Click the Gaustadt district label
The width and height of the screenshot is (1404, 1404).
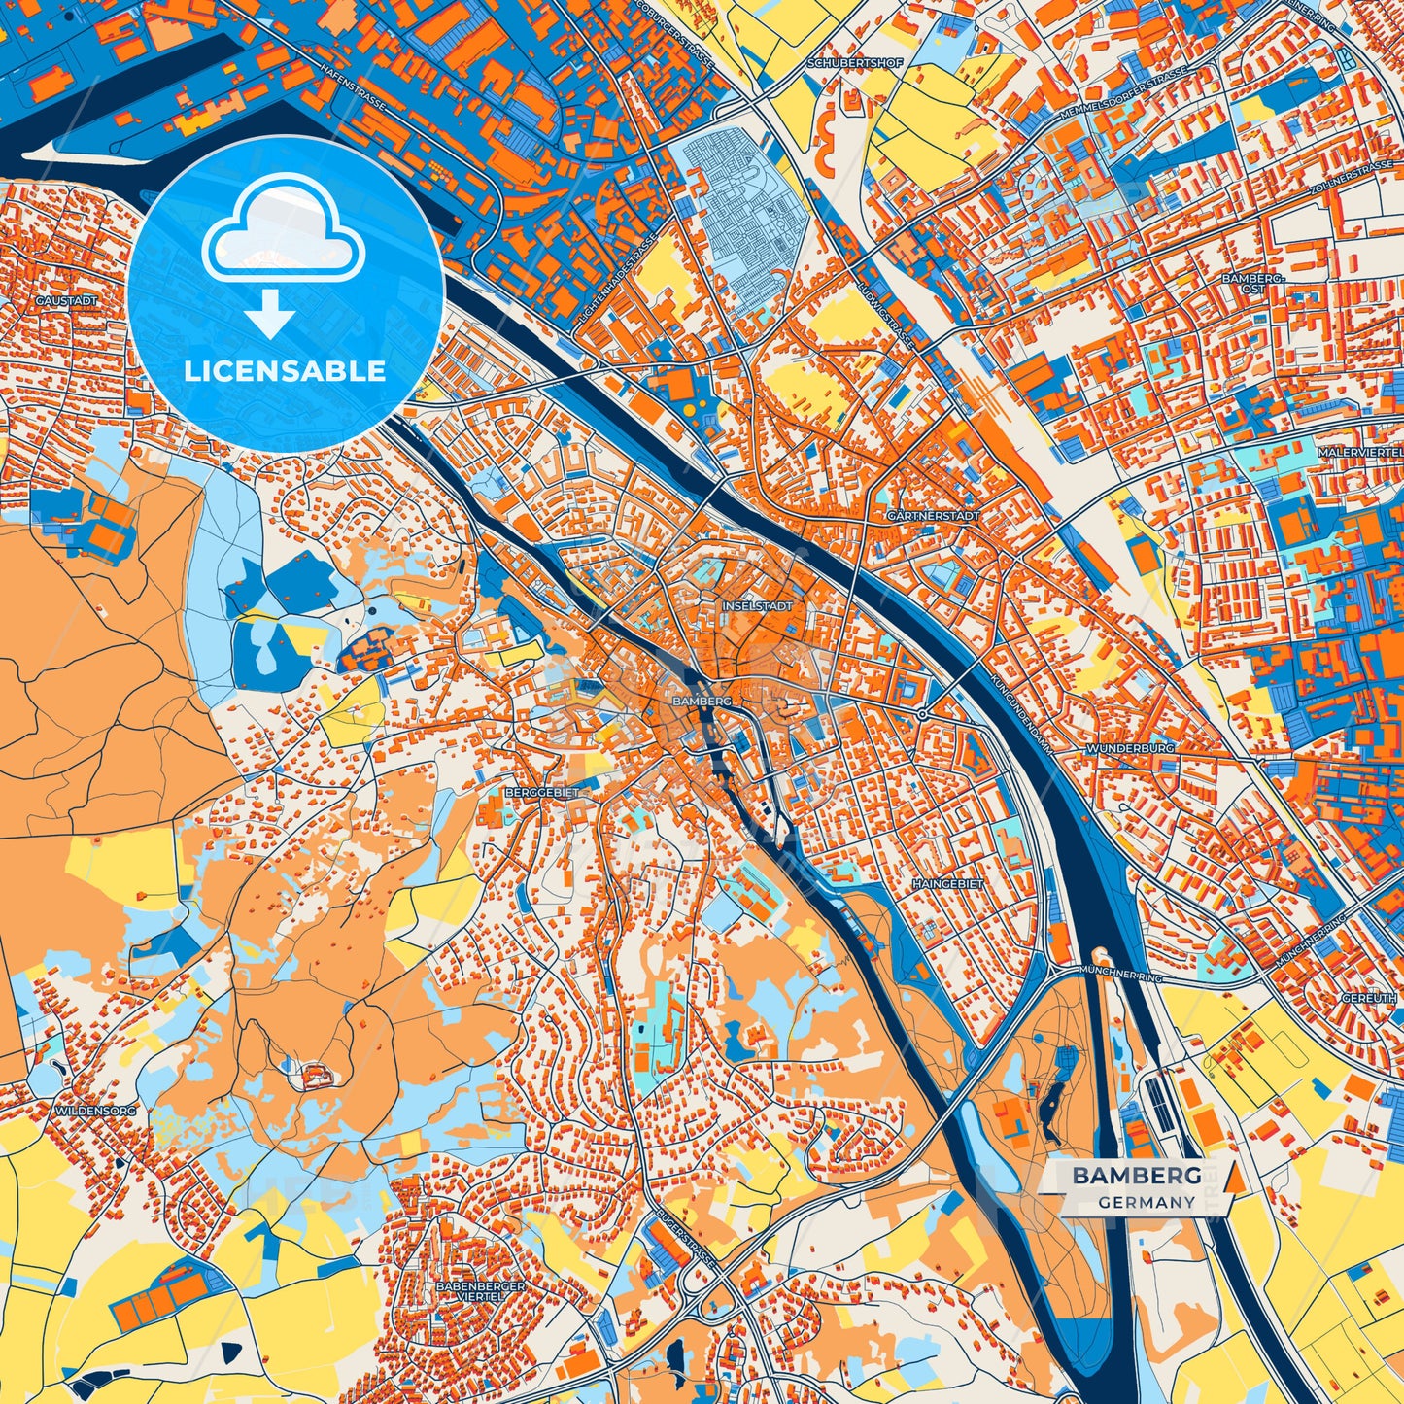click(67, 301)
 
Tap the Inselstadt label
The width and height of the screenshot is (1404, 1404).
click(758, 605)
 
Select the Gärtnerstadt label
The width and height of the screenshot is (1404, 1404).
click(934, 515)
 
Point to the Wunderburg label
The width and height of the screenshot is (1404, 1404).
click(1130, 749)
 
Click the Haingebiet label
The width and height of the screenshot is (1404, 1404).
click(947, 884)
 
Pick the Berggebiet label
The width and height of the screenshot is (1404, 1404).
click(542, 793)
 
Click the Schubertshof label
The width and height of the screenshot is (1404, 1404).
click(841, 63)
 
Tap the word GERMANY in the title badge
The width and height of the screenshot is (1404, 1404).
click(1147, 1202)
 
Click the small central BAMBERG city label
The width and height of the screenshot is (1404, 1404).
click(701, 700)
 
